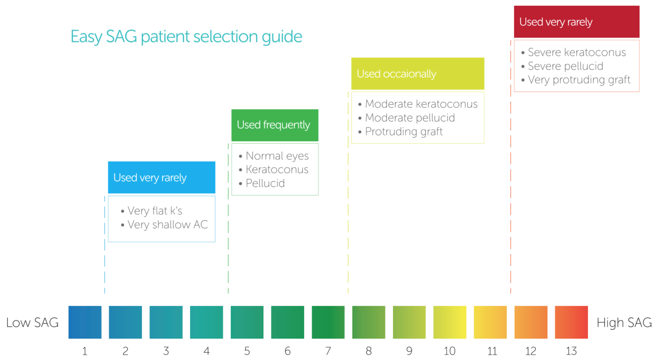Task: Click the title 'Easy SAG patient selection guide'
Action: coord(186,37)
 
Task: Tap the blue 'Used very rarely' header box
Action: coord(162,177)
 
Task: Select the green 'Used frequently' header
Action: coord(275,125)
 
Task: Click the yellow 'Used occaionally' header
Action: coord(418,74)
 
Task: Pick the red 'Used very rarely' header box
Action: coord(577,22)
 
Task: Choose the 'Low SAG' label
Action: coord(33,323)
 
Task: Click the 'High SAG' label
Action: coord(624,323)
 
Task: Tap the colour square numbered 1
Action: coord(85,322)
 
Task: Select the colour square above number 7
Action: coord(328,322)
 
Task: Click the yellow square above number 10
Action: coord(450,322)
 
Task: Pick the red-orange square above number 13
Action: coord(571,322)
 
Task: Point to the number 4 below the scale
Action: coord(206,351)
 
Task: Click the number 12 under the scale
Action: coord(531,351)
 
